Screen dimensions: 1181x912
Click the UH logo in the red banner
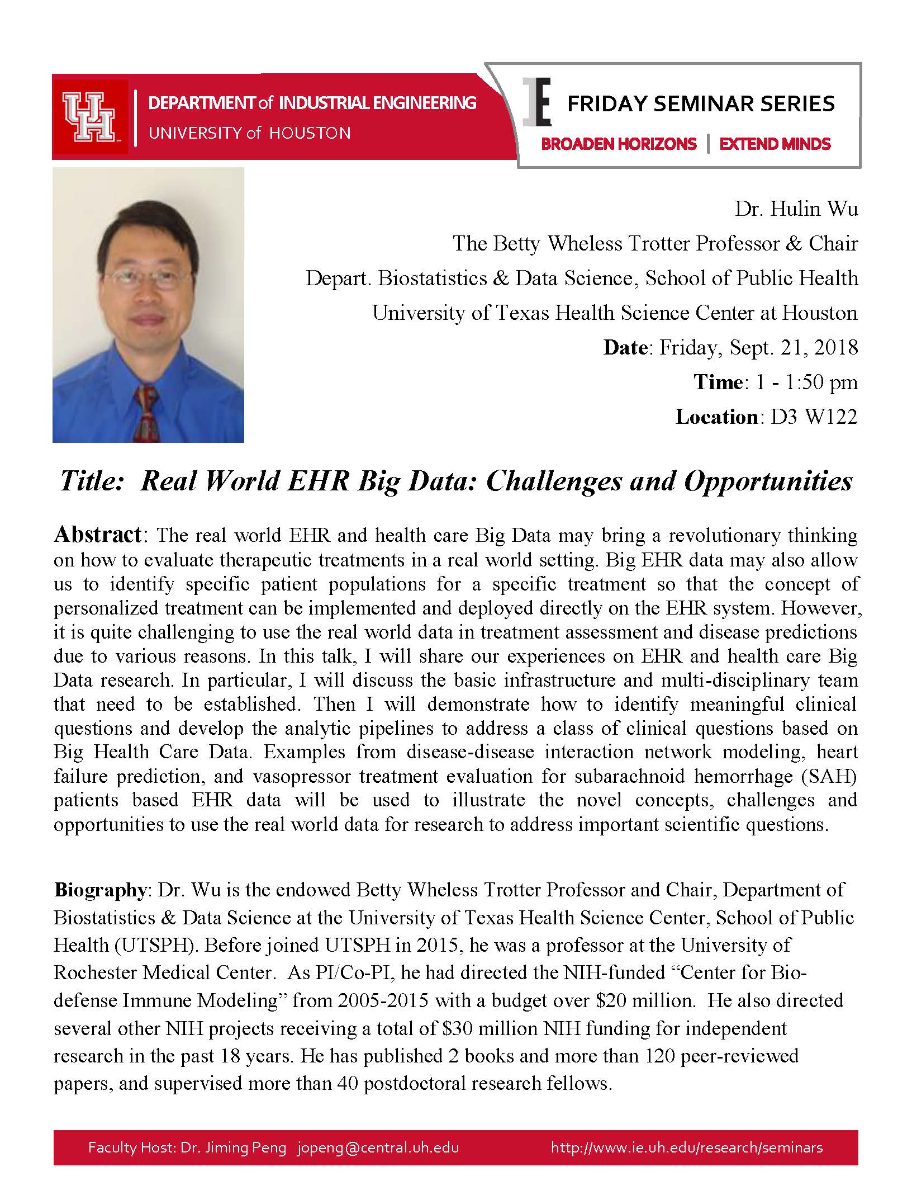(x=89, y=117)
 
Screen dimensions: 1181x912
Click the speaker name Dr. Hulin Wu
(x=796, y=210)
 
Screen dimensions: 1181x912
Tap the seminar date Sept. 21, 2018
(x=758, y=348)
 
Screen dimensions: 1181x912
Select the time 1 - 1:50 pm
(x=805, y=382)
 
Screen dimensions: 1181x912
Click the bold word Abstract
(x=98, y=535)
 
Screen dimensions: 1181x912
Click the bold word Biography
(x=100, y=890)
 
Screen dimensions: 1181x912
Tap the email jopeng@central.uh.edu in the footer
(x=378, y=1147)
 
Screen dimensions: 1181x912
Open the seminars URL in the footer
(x=686, y=1147)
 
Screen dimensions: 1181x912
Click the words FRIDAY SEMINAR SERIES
(x=701, y=104)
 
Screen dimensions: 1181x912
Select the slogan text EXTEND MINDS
(x=775, y=144)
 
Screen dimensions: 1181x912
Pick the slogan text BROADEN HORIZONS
(x=619, y=144)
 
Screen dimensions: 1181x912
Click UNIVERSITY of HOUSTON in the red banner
(x=249, y=133)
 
